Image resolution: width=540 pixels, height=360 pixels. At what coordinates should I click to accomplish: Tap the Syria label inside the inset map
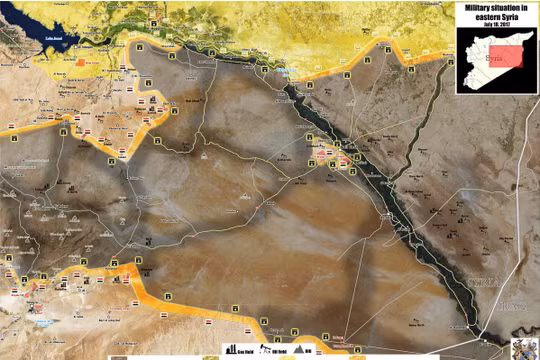point(490,58)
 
